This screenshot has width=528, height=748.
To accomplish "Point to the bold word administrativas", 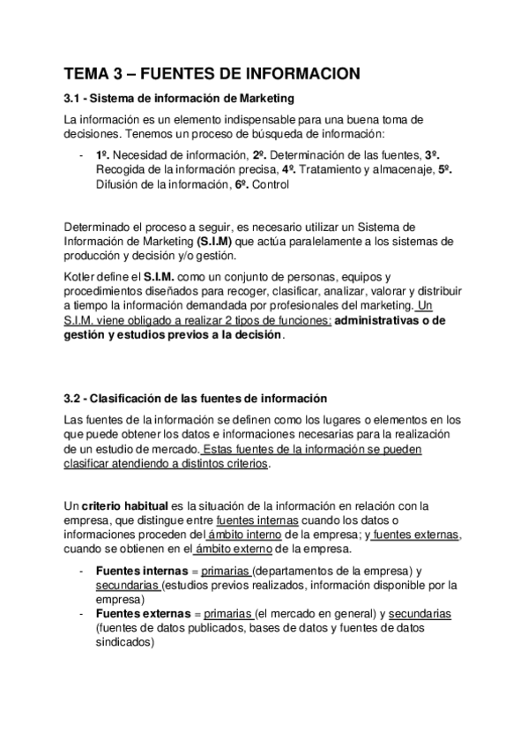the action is pos(384,321).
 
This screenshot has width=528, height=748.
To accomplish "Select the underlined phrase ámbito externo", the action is pos(240,550).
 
